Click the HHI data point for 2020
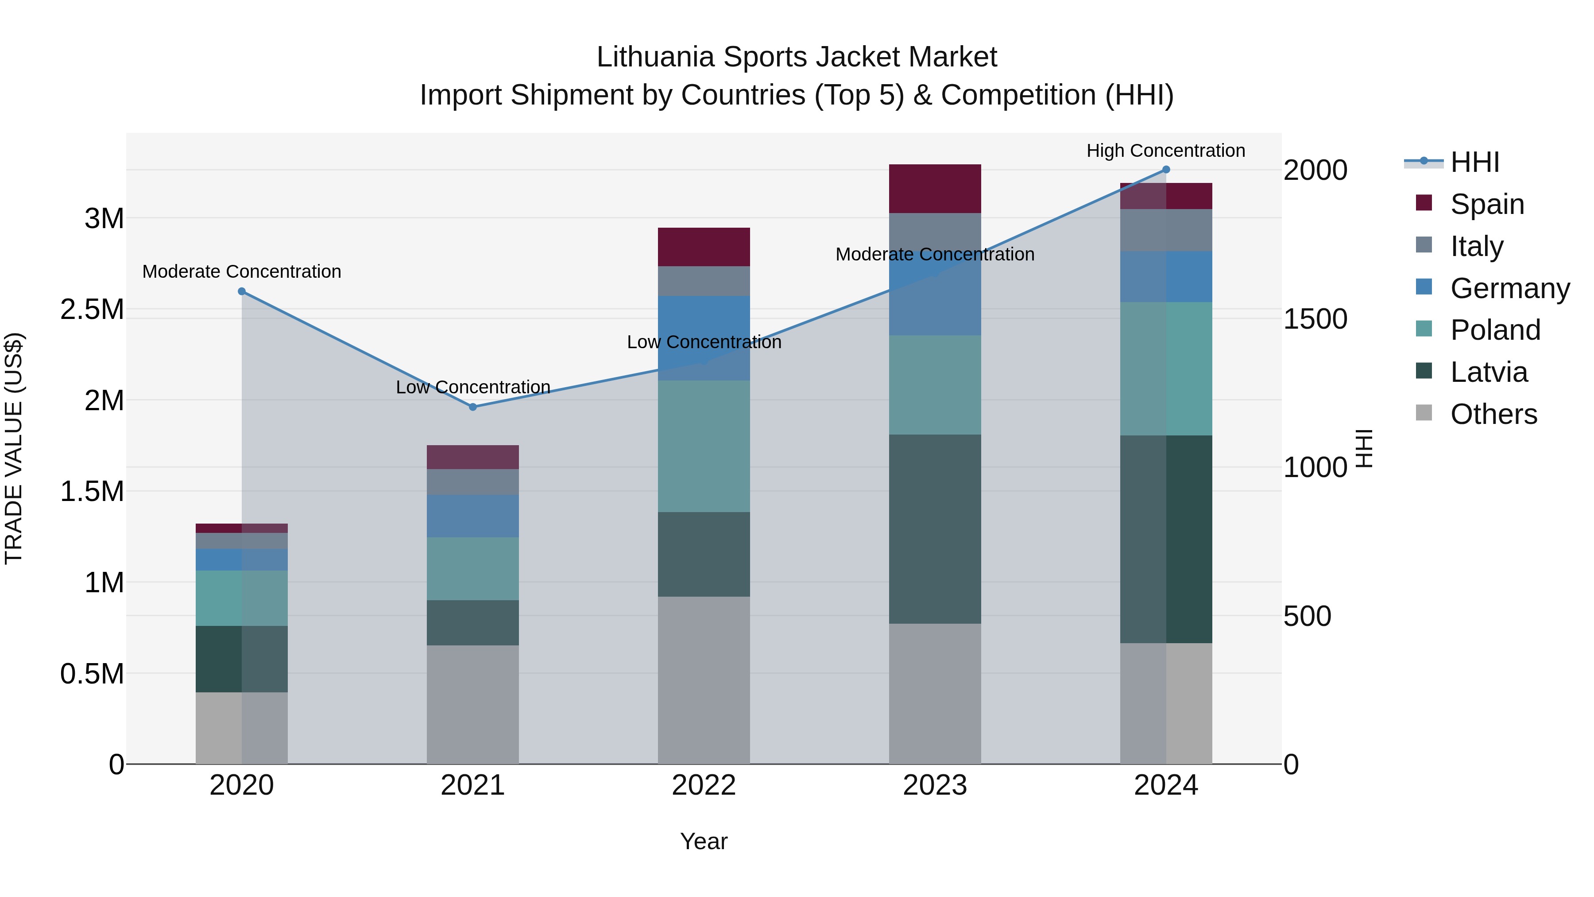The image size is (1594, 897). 242,291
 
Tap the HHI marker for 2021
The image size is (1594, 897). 473,407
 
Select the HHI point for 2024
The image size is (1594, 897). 1166,170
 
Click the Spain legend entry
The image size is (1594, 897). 1486,204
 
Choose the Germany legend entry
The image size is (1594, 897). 1509,288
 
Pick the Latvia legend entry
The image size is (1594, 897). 1488,372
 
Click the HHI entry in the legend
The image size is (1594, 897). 1474,162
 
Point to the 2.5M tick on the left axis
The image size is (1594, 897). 92,309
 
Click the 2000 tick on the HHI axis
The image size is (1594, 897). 1315,170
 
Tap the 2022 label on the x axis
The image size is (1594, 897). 704,785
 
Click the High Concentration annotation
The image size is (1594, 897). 1166,151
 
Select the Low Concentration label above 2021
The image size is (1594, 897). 473,387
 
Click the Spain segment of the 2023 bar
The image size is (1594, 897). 934,189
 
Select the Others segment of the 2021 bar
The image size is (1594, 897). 473,704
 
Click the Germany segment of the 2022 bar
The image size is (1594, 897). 704,338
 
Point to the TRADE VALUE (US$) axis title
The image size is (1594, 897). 14,448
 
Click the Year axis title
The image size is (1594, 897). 704,841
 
